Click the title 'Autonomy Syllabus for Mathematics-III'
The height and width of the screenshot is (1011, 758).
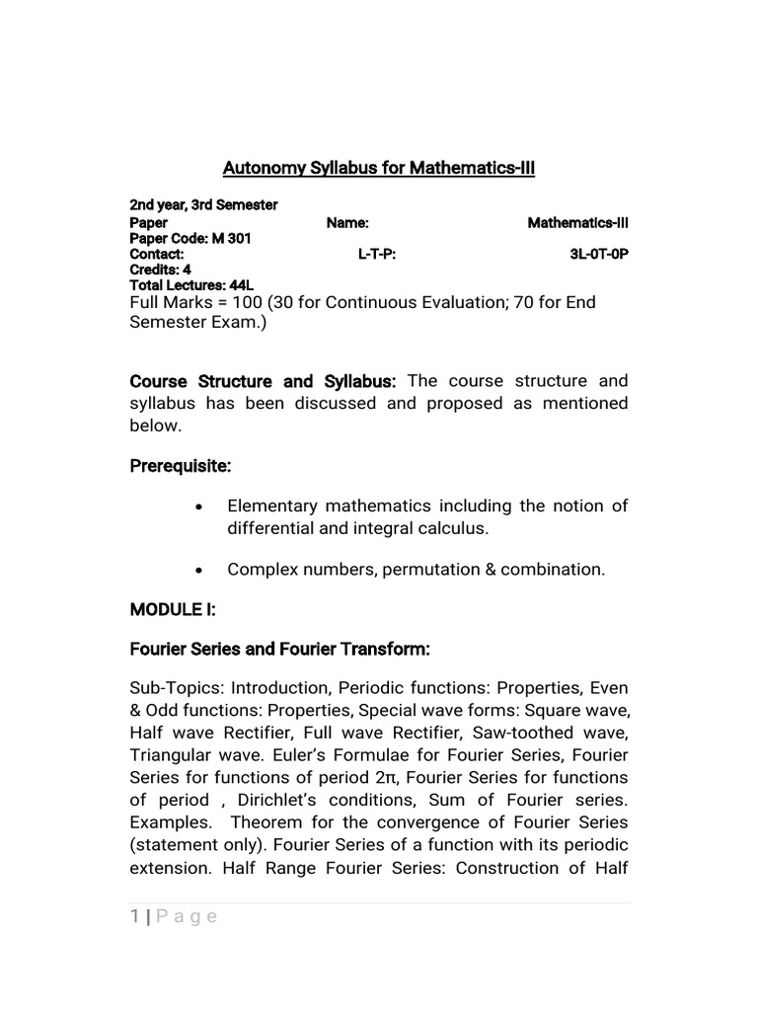coord(379,168)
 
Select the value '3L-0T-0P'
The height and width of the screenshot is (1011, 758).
coord(598,254)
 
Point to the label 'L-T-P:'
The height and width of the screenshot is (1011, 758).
coord(377,254)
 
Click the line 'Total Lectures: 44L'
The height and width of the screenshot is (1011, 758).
coord(191,284)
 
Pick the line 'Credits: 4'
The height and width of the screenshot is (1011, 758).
coord(160,269)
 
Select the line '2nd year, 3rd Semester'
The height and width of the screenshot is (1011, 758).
coord(203,205)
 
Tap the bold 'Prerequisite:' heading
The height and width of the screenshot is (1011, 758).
coord(181,465)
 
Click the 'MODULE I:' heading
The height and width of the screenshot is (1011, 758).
coord(172,610)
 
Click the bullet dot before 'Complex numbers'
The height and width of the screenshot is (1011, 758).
coord(199,571)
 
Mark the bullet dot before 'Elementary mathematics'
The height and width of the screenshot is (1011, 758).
coord(199,506)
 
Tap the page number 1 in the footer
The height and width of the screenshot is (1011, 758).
coord(134,917)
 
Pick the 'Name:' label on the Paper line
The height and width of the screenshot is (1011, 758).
coord(347,223)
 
